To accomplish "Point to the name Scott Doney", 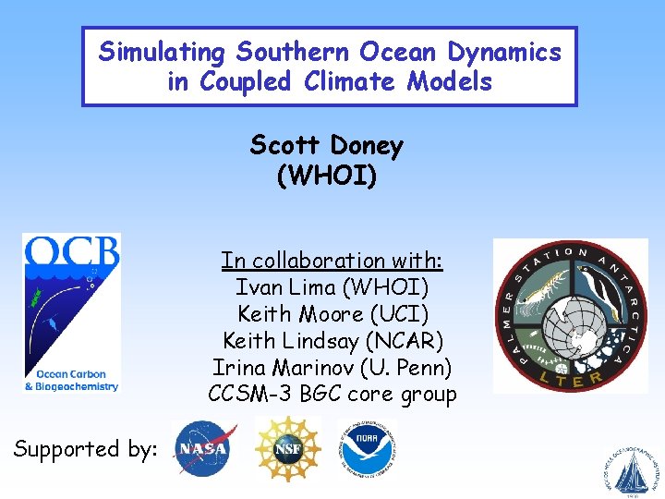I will click(327, 145).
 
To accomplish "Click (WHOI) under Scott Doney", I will click(327, 176).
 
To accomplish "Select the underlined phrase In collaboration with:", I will click(332, 261).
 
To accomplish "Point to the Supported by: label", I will click(85, 449).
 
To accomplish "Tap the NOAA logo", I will click(366, 448).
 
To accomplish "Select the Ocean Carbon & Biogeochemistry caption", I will click(71, 380).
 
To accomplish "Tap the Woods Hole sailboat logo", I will click(632, 470).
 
